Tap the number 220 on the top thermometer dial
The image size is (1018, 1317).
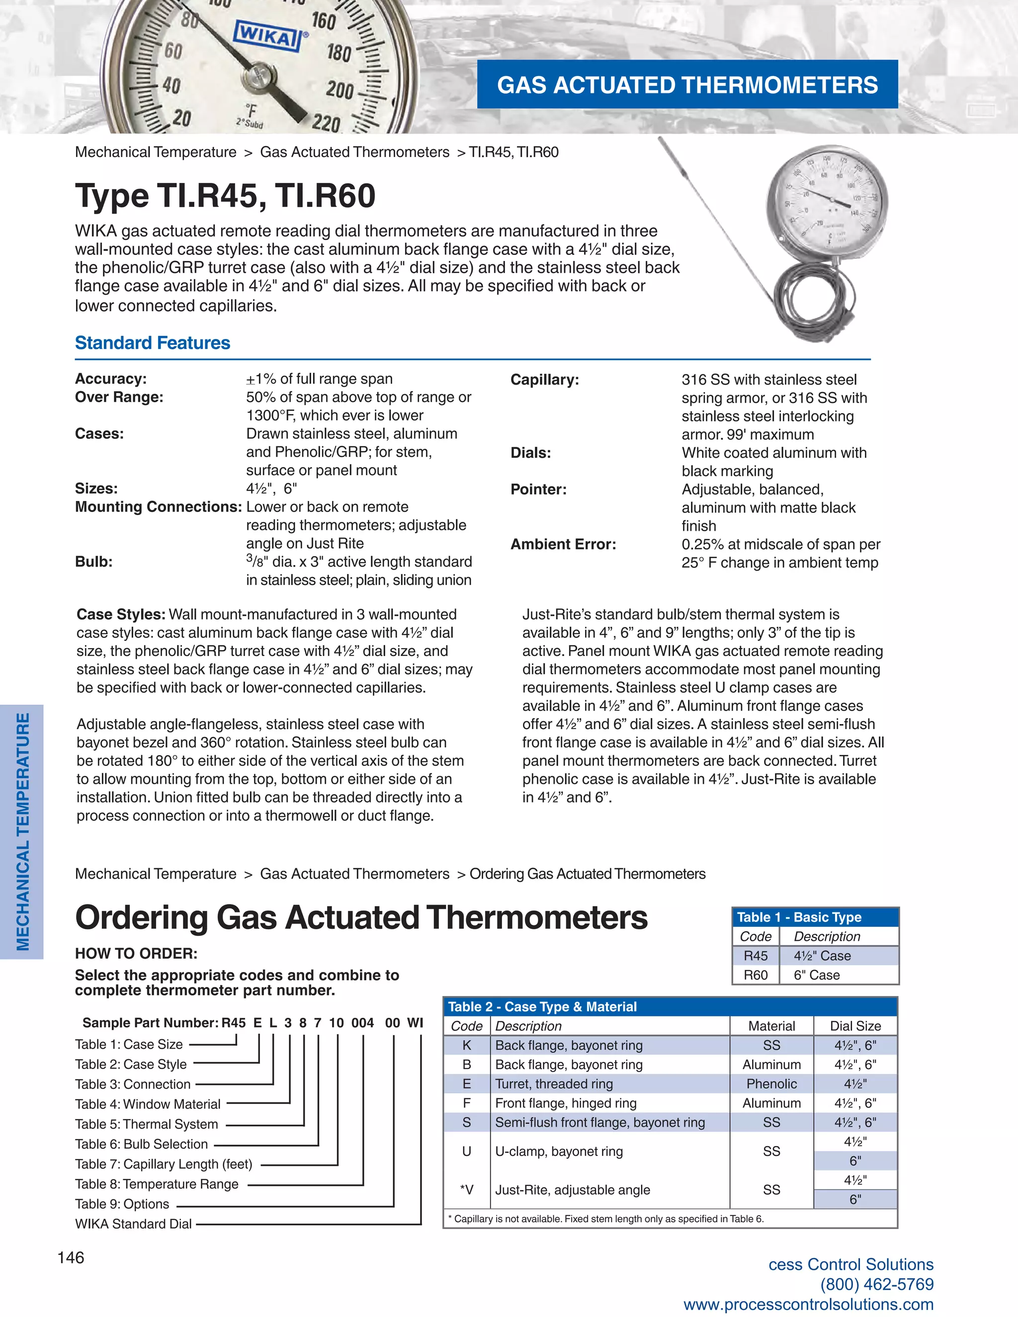coord(326,123)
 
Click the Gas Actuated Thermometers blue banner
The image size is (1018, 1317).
coord(687,84)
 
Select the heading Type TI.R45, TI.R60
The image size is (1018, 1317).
coord(225,196)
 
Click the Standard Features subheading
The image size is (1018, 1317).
coord(153,342)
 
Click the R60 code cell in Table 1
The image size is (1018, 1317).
coord(755,975)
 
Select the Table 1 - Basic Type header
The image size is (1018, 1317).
coord(799,917)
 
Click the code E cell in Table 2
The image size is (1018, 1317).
coord(466,1083)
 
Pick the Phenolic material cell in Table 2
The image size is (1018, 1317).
coord(771,1083)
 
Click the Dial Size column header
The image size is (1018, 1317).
coord(854,1026)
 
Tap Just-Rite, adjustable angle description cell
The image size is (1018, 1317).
coord(572,1190)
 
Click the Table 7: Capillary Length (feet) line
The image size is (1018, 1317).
coord(164,1164)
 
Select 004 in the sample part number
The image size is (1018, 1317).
coord(362,1023)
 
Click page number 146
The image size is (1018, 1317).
coord(71,1257)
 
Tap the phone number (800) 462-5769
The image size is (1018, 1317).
coord(876,1284)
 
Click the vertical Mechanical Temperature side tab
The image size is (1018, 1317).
coord(22,831)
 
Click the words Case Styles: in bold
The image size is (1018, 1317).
coord(121,614)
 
